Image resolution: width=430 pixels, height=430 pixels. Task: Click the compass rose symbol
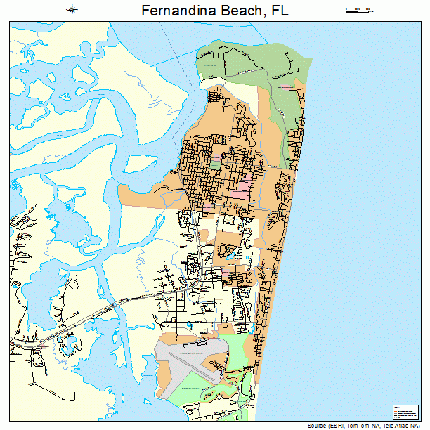click(72, 10)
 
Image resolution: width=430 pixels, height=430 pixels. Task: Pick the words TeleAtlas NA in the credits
click(402, 426)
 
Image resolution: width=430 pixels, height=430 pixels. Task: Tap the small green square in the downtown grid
click(214, 163)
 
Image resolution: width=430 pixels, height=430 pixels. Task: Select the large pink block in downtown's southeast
click(241, 188)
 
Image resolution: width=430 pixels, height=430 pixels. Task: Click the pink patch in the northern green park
click(286, 86)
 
